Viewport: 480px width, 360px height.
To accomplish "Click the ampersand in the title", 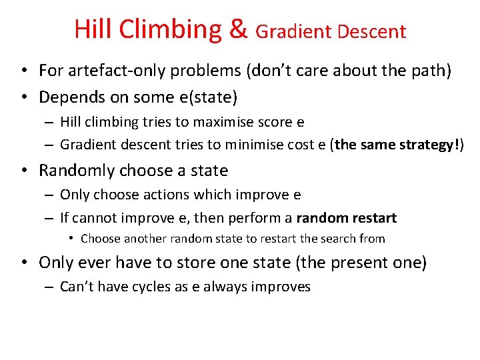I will point(237,30).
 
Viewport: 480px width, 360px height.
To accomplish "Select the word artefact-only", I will point(114,71).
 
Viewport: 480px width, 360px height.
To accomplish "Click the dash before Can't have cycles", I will point(50,287).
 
